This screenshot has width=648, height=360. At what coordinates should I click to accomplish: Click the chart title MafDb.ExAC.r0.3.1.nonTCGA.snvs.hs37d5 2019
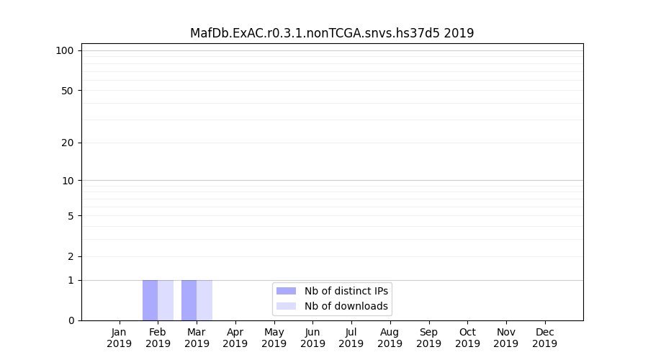(x=332, y=33)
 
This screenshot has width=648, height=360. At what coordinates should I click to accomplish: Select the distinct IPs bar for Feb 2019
(x=150, y=300)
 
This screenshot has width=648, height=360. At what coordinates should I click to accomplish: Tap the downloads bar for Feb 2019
(x=166, y=300)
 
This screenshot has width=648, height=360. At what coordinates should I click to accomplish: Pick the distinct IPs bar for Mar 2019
(x=189, y=300)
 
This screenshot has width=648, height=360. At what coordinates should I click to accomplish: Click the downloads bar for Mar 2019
(x=204, y=300)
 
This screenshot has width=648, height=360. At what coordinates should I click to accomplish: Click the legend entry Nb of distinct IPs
(x=346, y=291)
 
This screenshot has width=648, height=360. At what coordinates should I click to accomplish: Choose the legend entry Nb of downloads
(x=346, y=306)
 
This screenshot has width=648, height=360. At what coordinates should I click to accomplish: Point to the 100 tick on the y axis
(x=65, y=50)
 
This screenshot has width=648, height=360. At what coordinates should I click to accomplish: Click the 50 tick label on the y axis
(x=68, y=91)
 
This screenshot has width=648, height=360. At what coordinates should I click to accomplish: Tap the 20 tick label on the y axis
(x=68, y=143)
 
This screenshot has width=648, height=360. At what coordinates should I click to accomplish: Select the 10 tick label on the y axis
(x=68, y=181)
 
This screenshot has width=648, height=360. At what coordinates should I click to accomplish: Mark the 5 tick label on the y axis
(x=71, y=216)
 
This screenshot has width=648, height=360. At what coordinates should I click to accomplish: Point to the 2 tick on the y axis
(x=71, y=256)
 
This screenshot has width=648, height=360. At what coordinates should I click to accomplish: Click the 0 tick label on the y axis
(x=71, y=320)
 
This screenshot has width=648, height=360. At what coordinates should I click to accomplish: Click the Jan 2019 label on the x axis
(x=120, y=338)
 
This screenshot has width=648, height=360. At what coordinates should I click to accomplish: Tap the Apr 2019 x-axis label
(x=235, y=338)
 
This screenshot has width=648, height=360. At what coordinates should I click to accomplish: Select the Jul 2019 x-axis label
(x=351, y=338)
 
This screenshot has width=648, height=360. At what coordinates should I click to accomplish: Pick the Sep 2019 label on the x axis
(x=428, y=338)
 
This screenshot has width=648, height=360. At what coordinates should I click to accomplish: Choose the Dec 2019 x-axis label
(x=544, y=338)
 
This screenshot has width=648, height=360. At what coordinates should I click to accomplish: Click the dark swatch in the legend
(x=286, y=291)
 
